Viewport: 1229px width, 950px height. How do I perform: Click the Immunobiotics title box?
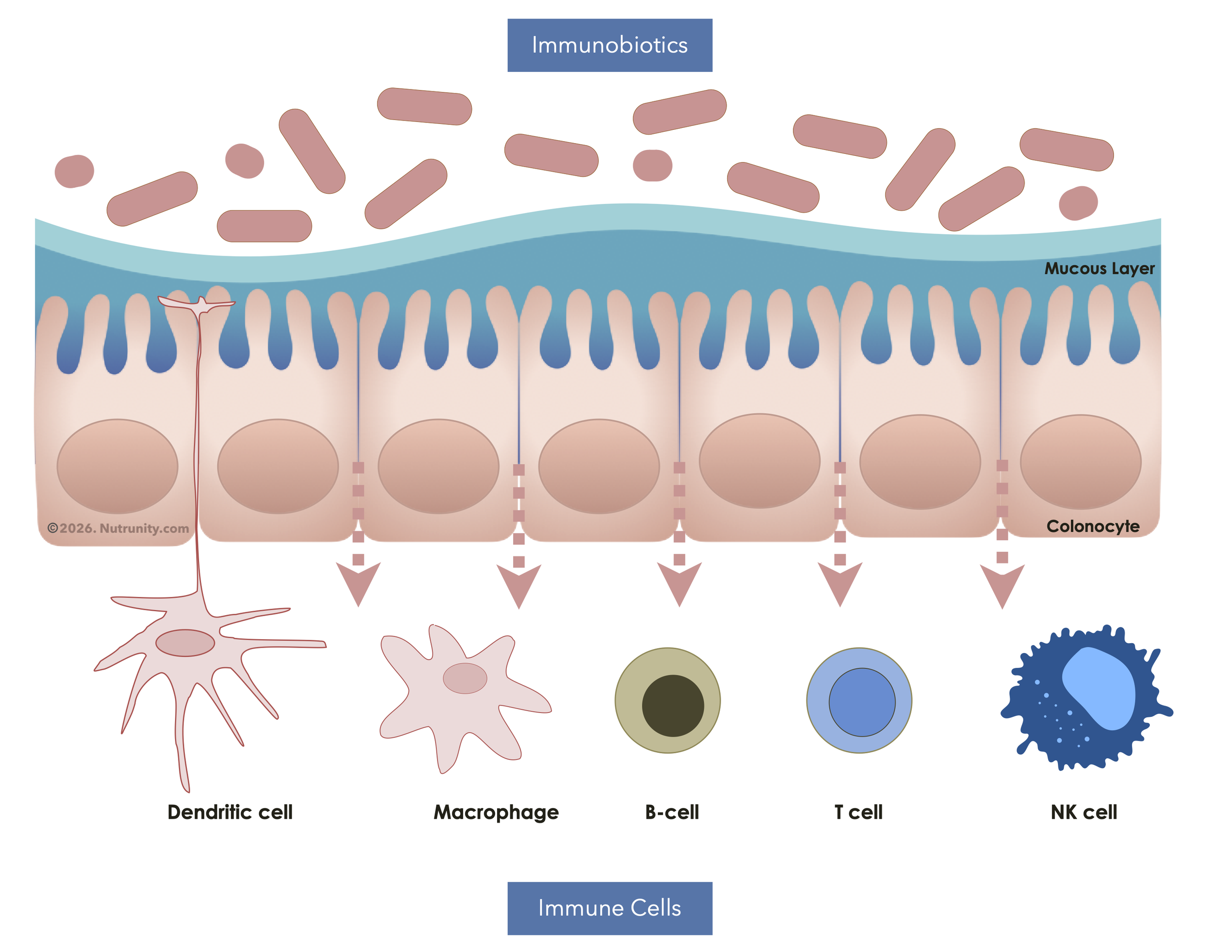point(610,45)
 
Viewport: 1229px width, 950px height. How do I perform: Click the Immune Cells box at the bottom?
point(610,908)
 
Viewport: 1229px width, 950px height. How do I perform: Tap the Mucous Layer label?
point(1099,268)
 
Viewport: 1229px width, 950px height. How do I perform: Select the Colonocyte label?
point(1092,526)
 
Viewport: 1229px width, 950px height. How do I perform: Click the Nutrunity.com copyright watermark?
point(118,528)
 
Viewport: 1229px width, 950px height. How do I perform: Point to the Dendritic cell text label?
point(230,812)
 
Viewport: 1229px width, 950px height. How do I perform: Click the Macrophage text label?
point(496,812)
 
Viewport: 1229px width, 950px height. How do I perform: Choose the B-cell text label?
point(672,812)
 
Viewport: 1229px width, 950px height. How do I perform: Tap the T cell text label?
point(858,812)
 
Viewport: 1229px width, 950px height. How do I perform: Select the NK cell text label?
point(1083,812)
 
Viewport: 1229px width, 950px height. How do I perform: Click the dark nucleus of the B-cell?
point(673,705)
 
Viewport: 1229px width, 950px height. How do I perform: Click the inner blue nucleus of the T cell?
point(862,702)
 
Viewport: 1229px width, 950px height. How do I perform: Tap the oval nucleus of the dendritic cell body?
point(185,643)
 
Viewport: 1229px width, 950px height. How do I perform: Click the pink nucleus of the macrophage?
point(465,678)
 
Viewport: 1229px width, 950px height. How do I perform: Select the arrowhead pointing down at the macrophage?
point(518,585)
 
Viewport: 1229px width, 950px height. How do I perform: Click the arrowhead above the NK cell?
point(1002,585)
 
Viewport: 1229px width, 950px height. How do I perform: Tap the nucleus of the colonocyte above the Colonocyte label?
point(1080,462)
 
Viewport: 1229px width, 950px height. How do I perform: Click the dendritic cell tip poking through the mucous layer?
point(198,304)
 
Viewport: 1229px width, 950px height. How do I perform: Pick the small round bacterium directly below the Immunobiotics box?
point(652,165)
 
